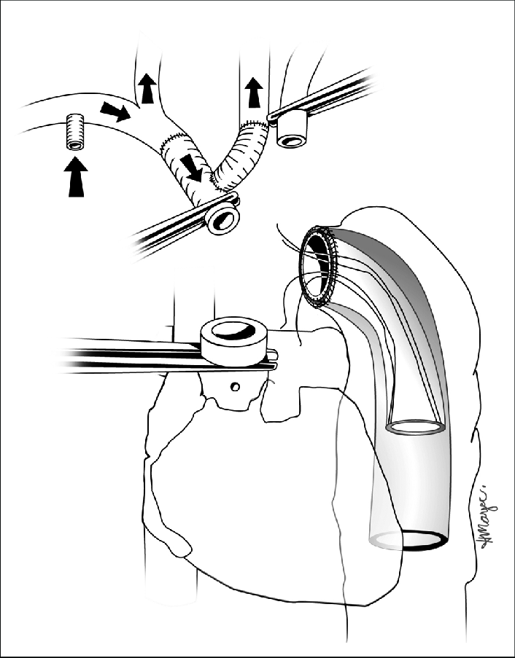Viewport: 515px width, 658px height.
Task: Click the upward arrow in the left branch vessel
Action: [x=147, y=88]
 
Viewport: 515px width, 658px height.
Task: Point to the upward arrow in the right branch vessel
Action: [x=254, y=93]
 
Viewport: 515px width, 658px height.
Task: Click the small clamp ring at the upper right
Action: [x=292, y=131]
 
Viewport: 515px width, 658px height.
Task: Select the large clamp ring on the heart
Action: [x=233, y=340]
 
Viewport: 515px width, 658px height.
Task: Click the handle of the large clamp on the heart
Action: [x=124, y=356]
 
